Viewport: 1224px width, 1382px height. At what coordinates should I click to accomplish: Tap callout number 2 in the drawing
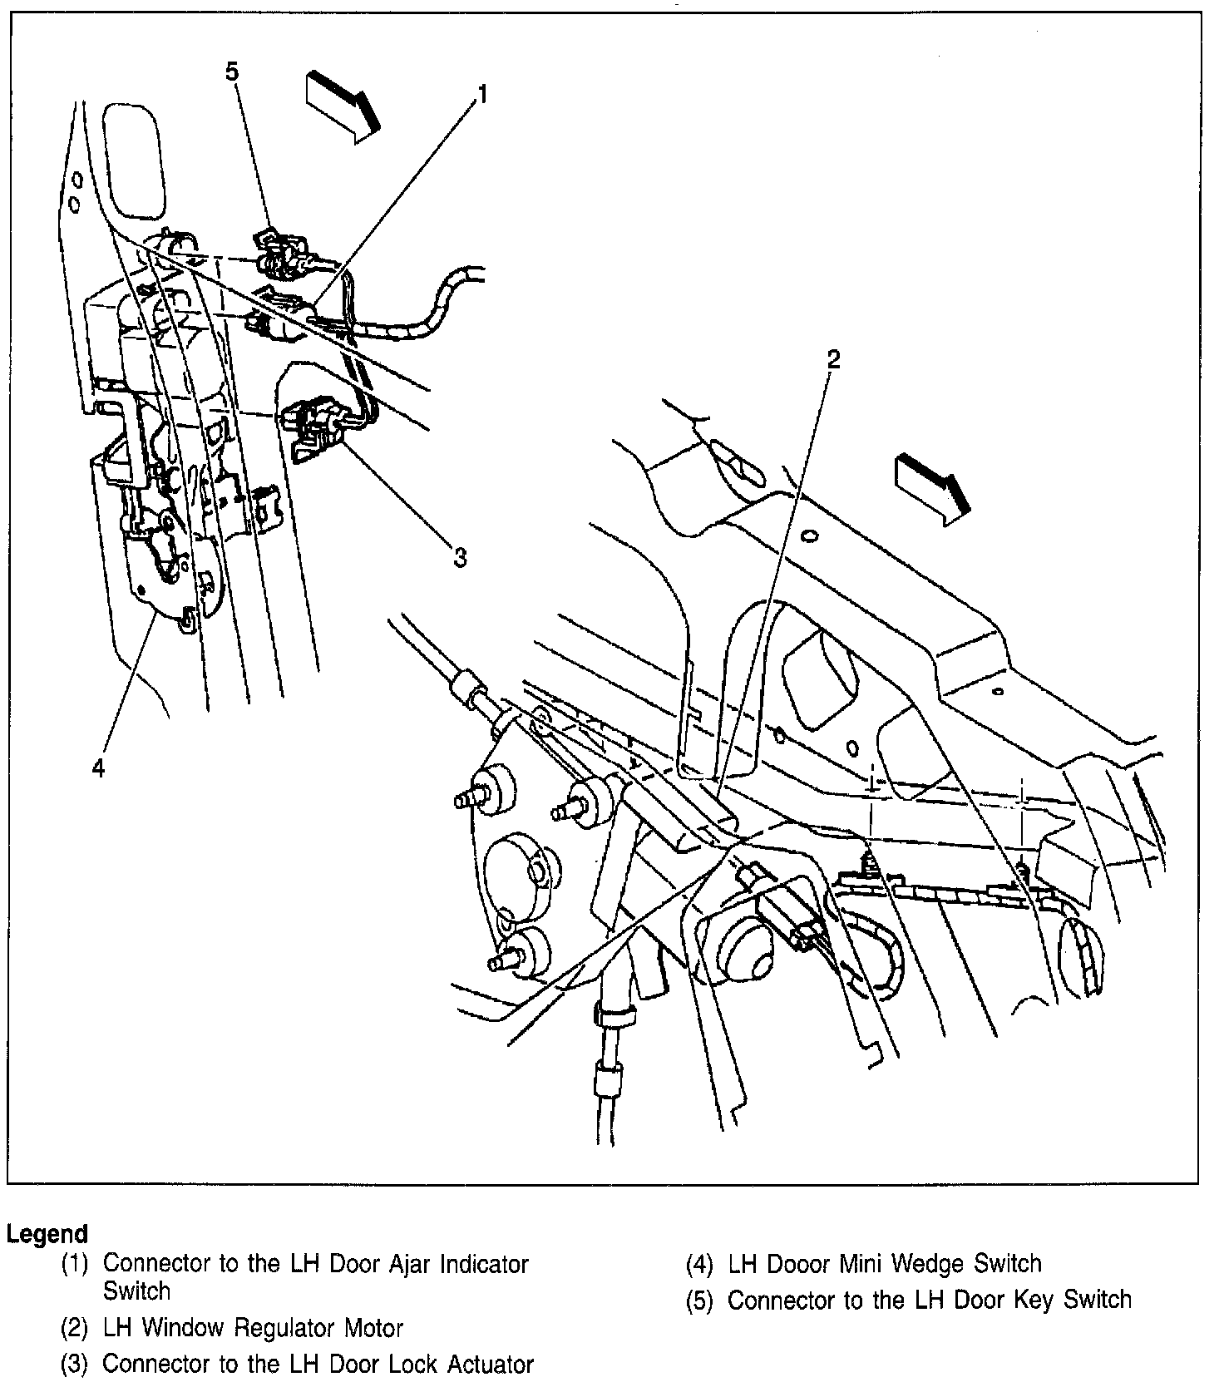(832, 359)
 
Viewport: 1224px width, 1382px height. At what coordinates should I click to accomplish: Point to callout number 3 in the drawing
(460, 557)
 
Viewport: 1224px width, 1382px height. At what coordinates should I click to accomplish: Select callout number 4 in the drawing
(99, 769)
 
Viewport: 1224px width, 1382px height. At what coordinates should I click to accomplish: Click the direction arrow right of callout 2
(932, 491)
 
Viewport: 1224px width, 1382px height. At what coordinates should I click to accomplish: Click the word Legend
(47, 1234)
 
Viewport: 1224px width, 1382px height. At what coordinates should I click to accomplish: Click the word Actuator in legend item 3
(491, 1365)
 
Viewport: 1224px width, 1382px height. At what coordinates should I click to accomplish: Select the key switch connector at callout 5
(283, 249)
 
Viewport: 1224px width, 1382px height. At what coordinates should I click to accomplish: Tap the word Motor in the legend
(373, 1328)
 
